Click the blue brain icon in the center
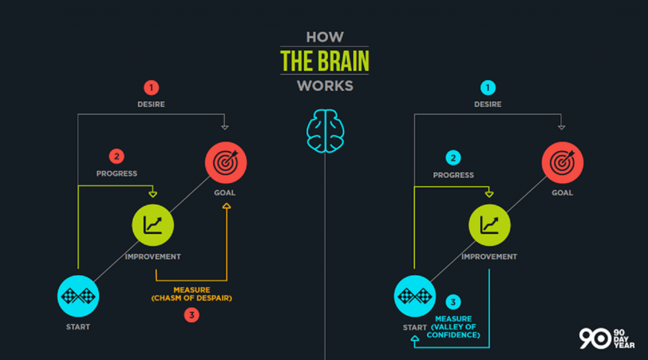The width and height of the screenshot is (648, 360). pos(325,131)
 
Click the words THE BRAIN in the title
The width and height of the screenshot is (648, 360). pos(325,61)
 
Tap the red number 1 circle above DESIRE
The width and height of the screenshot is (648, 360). pos(151,87)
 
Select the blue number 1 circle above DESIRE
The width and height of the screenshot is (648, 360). pos(488,87)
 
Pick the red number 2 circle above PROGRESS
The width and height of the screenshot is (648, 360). pos(116,157)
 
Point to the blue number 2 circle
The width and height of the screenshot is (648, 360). pos(453,158)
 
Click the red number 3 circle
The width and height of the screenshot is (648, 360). pos(191,315)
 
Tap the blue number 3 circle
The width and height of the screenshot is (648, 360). pos(453,302)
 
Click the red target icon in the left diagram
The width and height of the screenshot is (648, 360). pos(226,163)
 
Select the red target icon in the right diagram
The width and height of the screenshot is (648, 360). pos(563,163)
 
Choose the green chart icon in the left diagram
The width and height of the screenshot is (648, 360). pos(153,225)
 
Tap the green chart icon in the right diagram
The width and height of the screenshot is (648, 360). pos(489,225)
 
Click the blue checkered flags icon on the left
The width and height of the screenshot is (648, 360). pos(78,296)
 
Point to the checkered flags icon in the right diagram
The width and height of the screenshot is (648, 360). pos(414,296)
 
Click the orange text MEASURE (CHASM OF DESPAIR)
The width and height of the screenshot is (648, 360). pos(192,294)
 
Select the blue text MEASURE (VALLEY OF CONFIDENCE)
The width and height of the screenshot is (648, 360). pos(453,327)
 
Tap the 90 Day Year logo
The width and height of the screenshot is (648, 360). pos(606,338)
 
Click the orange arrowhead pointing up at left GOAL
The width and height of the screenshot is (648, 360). pos(227,206)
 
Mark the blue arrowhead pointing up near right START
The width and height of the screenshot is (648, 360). pos(415,338)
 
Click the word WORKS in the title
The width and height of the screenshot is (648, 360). pos(325,86)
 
